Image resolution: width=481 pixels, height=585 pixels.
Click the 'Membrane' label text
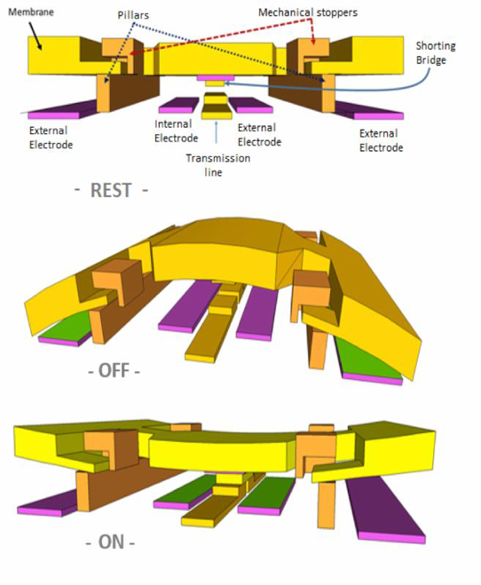[31, 12]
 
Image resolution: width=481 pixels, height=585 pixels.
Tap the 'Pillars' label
[133, 15]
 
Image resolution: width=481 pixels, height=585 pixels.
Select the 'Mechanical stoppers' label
[308, 12]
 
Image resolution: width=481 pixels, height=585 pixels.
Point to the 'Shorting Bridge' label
[436, 52]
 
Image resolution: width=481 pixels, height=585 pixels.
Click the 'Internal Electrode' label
[176, 131]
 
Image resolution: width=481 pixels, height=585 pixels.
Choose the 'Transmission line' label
[218, 165]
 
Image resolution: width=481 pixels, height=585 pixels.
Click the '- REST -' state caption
[111, 190]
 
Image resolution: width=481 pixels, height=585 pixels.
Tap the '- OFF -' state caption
[114, 371]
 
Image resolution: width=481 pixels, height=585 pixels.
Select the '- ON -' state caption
[110, 542]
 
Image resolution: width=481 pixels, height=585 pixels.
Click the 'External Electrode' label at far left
[51, 138]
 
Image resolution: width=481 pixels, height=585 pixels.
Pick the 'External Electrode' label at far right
[381, 140]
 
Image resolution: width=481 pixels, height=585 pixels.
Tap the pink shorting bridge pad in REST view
[216, 77]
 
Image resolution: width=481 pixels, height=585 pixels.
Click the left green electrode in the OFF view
[66, 328]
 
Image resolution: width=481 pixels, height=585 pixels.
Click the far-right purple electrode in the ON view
[385, 511]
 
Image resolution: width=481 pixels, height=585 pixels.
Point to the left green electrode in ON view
[182, 493]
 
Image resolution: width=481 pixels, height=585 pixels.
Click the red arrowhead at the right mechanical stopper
[313, 42]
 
